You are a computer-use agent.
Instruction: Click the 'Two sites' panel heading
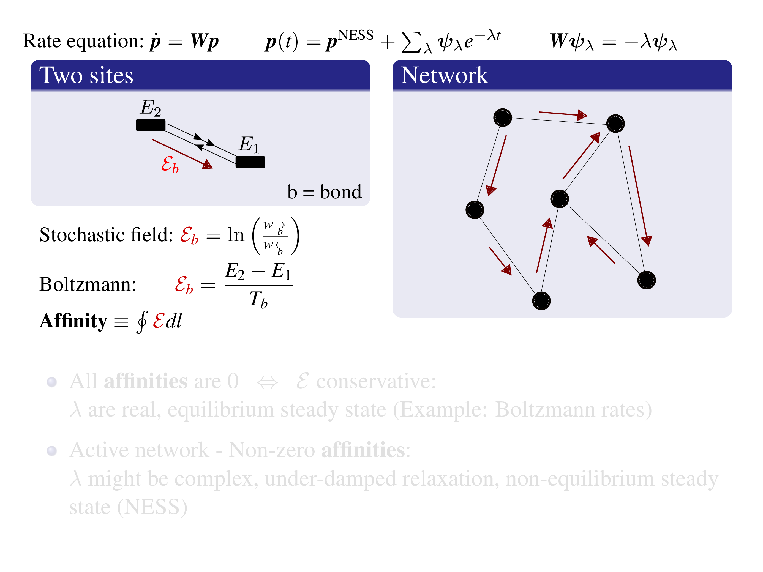click(x=86, y=75)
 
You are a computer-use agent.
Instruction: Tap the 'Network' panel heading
click(x=444, y=75)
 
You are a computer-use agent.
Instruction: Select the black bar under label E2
click(x=151, y=125)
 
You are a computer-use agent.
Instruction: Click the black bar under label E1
click(x=250, y=162)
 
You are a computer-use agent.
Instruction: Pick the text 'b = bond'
click(x=324, y=192)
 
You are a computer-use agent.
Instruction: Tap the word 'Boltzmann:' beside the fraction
click(x=88, y=284)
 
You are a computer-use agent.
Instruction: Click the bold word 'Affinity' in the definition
click(x=73, y=321)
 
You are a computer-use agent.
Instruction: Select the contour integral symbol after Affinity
click(x=142, y=321)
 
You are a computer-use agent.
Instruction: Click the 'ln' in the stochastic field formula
click(x=236, y=235)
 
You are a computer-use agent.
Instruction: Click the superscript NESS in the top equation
click(x=356, y=35)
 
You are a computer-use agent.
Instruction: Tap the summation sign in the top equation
click(x=412, y=42)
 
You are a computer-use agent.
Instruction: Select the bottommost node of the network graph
click(x=541, y=301)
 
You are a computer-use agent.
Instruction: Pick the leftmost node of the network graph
click(x=475, y=210)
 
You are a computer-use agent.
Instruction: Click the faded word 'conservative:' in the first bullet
click(x=376, y=381)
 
